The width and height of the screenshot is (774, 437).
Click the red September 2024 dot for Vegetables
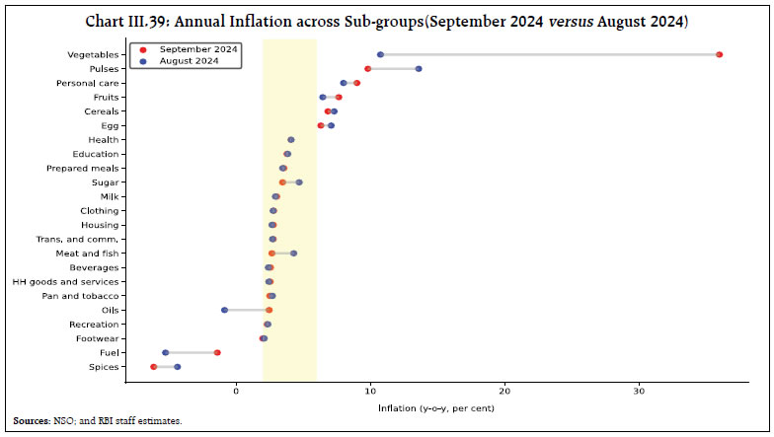719,54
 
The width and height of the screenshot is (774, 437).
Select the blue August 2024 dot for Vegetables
380,54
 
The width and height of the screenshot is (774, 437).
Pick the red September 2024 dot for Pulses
368,69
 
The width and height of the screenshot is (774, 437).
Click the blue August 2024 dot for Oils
225,310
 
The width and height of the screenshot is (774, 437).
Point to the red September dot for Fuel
217,352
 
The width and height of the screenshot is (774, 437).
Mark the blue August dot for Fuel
165,352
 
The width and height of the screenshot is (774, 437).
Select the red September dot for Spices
153,367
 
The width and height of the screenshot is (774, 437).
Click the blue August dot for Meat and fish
293,254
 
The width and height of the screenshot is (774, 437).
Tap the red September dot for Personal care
356,83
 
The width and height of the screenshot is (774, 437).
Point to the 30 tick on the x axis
639,391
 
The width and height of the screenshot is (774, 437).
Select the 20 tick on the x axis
504,391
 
